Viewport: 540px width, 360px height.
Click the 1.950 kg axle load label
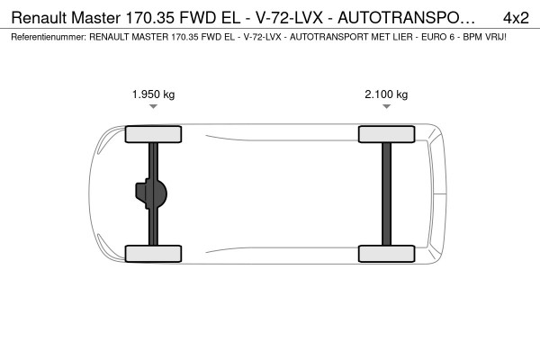(154, 94)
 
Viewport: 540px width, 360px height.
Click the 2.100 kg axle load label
(386, 94)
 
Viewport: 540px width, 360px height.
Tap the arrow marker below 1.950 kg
(154, 106)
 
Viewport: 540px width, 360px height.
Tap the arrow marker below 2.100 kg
(386, 106)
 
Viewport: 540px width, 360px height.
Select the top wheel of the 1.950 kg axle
(153, 134)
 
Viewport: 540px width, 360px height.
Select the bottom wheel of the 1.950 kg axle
(153, 254)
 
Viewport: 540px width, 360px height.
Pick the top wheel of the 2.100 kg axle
(386, 134)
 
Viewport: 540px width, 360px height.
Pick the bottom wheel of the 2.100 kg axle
(386, 254)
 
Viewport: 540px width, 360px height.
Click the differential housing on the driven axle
(151, 194)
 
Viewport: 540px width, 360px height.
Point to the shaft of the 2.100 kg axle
(386, 194)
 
